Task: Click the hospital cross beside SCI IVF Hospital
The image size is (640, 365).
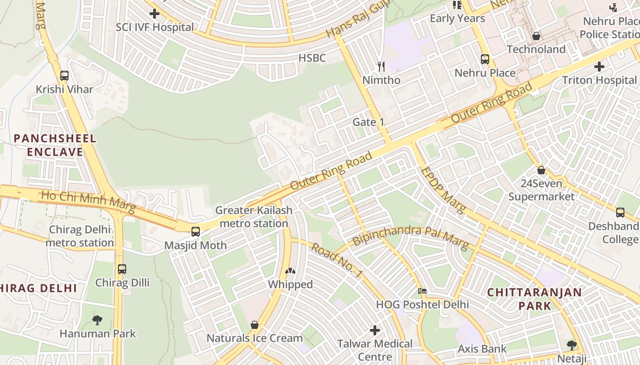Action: click(x=155, y=14)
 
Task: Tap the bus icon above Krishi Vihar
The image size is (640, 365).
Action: click(x=64, y=76)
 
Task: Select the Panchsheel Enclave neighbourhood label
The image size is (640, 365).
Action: click(x=55, y=145)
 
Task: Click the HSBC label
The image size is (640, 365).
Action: click(x=312, y=58)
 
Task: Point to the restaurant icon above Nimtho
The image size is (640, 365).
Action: click(x=381, y=67)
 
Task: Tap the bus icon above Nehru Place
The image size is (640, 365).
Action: click(x=485, y=59)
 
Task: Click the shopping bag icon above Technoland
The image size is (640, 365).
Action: click(x=536, y=36)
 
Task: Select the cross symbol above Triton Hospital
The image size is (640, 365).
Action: click(x=599, y=67)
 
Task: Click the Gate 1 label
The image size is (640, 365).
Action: click(x=368, y=122)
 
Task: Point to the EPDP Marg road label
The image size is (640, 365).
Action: click(x=443, y=190)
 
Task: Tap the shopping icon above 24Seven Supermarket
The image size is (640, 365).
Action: click(x=541, y=170)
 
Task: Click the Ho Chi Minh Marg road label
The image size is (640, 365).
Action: click(x=89, y=202)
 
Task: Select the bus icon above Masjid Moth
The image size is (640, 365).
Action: click(x=196, y=232)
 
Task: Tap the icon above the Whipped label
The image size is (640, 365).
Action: click(x=290, y=271)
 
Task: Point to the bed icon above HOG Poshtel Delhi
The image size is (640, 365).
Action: click(x=422, y=291)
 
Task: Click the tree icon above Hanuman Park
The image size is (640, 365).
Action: click(x=97, y=320)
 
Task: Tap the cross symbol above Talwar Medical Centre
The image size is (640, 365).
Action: click(x=375, y=330)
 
